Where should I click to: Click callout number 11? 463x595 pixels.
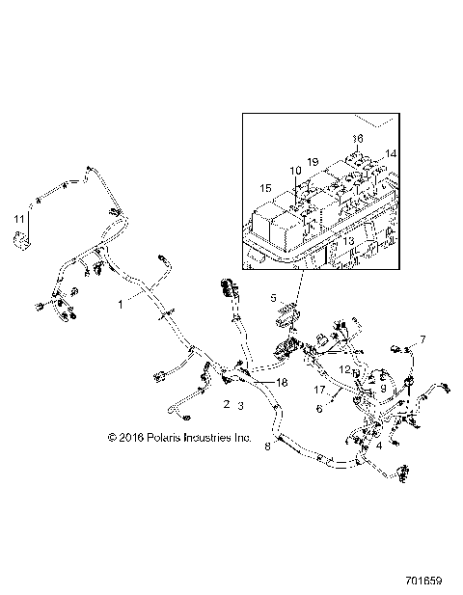click(x=17, y=221)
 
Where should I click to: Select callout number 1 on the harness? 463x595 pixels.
click(x=121, y=303)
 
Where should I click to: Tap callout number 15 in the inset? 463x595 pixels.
click(x=265, y=187)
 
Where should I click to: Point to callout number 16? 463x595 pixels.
click(x=357, y=138)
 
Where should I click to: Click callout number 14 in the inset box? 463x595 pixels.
click(x=391, y=154)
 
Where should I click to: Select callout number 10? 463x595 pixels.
click(x=296, y=171)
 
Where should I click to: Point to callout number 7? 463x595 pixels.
click(x=422, y=340)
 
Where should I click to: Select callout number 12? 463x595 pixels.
click(x=344, y=369)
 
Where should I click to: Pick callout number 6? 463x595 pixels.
click(x=318, y=408)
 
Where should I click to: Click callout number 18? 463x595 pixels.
click(x=256, y=383)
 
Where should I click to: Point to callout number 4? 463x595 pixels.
click(x=380, y=446)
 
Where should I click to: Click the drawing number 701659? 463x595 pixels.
click(x=424, y=581)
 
